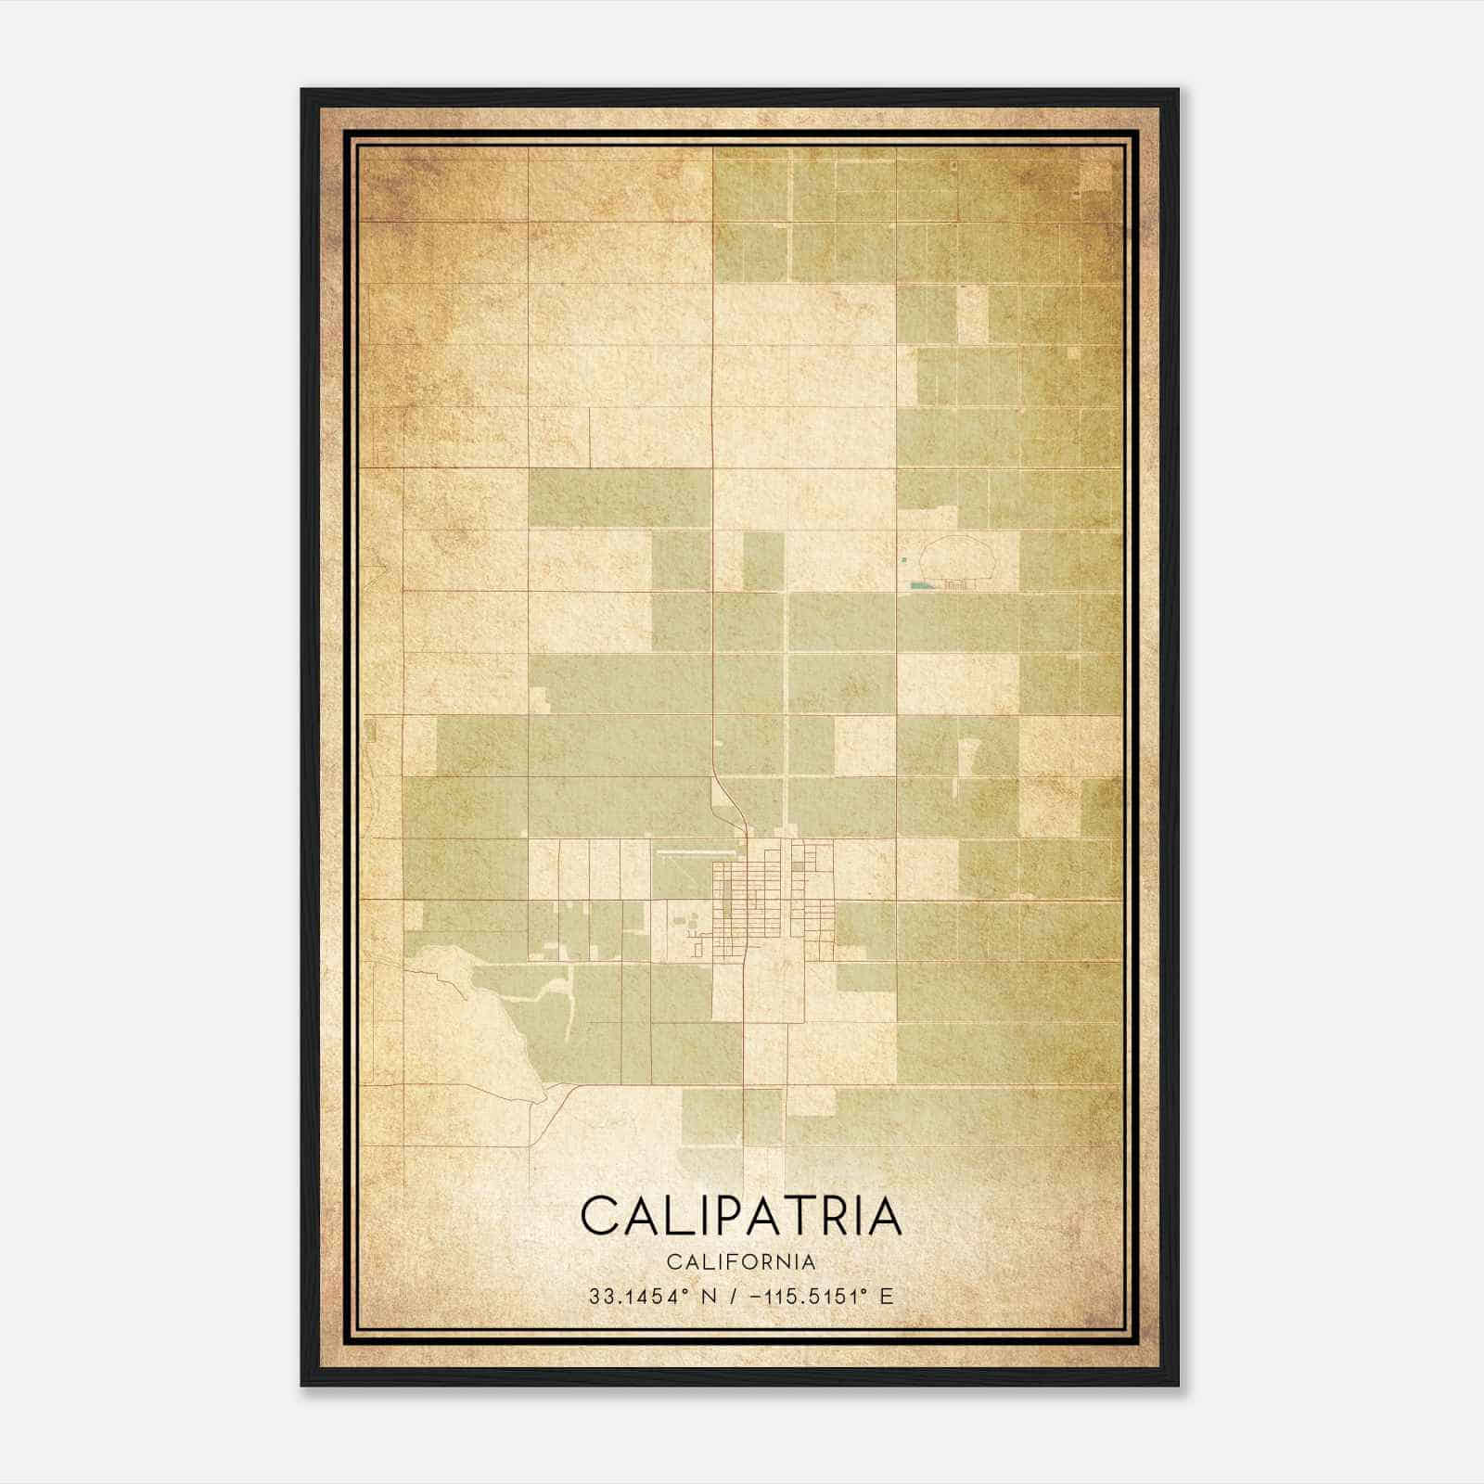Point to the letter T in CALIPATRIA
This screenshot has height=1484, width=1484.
(809, 1215)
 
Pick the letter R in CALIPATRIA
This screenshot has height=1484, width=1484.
(844, 1215)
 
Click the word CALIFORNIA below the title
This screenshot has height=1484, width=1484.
(741, 1262)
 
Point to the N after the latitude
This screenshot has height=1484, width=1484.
(710, 1297)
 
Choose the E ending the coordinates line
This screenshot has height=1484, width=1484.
(887, 1297)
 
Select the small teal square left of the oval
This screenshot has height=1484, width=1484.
(904, 559)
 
